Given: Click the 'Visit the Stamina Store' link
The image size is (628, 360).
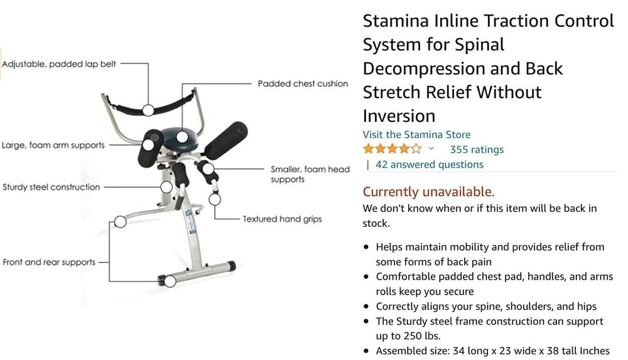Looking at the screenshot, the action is (x=416, y=134).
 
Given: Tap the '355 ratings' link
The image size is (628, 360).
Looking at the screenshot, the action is (x=477, y=150).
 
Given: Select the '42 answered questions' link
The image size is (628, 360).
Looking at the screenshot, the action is (x=430, y=165).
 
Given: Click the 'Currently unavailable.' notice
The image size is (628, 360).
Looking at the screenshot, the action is (x=428, y=192).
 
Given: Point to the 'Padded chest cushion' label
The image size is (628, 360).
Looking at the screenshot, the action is (x=303, y=84).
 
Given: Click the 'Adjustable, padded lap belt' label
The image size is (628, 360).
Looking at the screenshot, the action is (x=59, y=64).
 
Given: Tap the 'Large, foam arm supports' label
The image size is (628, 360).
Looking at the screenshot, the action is (x=53, y=145).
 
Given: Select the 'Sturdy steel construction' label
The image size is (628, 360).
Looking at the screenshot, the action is (x=51, y=187).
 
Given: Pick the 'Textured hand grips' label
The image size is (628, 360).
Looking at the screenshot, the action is (x=283, y=219).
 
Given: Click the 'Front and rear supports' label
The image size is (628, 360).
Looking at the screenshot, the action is (x=49, y=262).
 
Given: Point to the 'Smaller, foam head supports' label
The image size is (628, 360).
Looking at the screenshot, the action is (x=310, y=175).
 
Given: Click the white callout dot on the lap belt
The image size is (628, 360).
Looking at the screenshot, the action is (x=148, y=110).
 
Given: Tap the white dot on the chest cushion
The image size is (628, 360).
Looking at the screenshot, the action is (x=182, y=137).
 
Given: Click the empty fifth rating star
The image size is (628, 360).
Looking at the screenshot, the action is (x=416, y=149).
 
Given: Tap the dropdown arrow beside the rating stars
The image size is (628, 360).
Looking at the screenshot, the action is (x=431, y=149).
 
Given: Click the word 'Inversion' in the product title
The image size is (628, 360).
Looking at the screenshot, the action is (x=399, y=116).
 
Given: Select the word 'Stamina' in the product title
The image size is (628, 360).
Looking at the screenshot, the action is (x=396, y=21).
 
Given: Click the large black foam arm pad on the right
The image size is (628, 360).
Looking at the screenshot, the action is (x=226, y=141).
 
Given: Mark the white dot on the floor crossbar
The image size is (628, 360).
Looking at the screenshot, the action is (x=170, y=281).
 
